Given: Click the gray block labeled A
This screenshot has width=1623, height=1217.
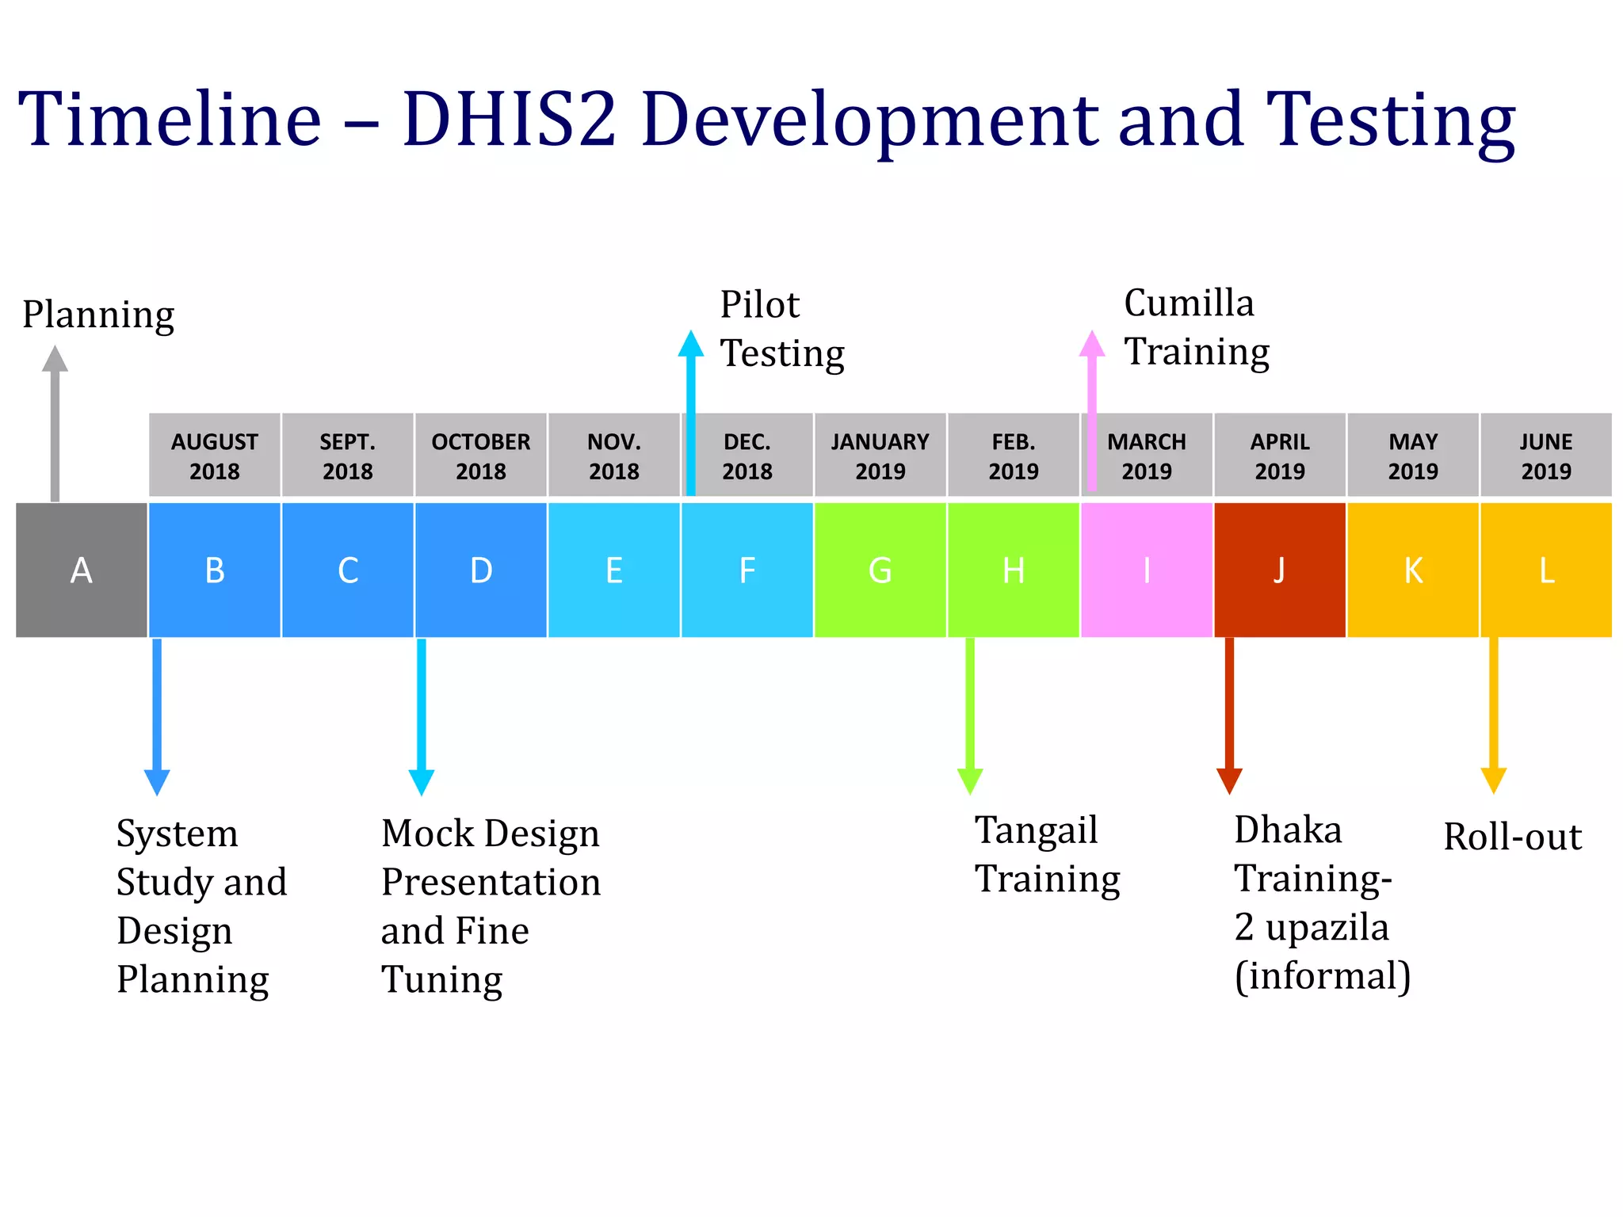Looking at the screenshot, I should (x=82, y=570).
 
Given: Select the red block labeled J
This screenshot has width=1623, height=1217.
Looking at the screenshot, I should (x=1279, y=570).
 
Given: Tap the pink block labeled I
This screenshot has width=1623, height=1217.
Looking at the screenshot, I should (x=1146, y=570).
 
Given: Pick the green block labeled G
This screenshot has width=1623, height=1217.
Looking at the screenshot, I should (x=880, y=570).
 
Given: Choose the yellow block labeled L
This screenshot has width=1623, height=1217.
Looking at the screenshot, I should (x=1545, y=570).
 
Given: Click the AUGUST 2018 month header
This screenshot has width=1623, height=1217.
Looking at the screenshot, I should (x=215, y=456).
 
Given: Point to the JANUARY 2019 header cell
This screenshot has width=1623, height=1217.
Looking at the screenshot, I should (x=880, y=456).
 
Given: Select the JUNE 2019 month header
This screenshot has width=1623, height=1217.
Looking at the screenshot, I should (x=1545, y=456).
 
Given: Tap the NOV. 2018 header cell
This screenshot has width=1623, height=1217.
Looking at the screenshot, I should (x=614, y=456).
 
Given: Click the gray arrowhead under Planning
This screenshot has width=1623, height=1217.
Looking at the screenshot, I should (x=55, y=360).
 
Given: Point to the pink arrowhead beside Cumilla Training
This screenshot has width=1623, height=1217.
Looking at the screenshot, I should (x=1092, y=345).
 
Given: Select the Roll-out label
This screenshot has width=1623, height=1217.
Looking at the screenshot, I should (x=1512, y=837).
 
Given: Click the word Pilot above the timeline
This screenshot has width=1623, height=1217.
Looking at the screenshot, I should (x=759, y=305).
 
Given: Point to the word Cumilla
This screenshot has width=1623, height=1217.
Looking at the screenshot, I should (x=1189, y=303).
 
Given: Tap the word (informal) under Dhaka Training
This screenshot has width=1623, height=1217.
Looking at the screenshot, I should (x=1322, y=976).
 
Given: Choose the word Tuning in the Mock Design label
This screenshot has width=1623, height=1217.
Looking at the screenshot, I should (x=441, y=979).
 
